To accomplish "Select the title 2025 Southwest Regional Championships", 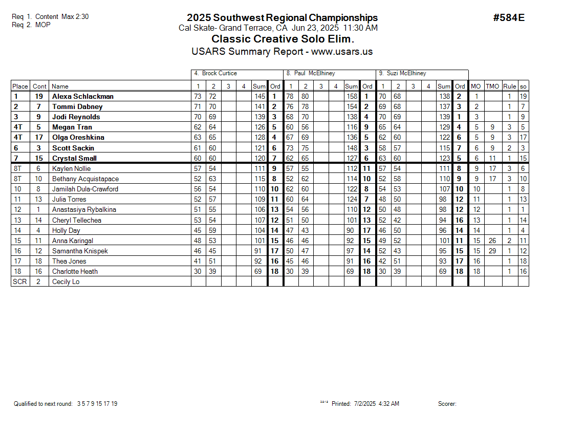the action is click(282, 18).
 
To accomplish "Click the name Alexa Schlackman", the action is click(83, 96).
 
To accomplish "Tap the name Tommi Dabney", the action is click(77, 106).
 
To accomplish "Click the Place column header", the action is click(20, 86).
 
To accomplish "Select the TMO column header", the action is click(492, 86).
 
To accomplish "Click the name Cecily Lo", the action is click(66, 281).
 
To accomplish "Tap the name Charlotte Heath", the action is click(75, 271).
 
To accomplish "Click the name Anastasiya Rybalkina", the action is click(84, 209).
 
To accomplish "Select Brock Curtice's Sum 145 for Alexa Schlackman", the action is click(259, 96).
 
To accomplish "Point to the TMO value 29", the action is click(492, 251).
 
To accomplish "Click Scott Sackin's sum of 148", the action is click(352, 148).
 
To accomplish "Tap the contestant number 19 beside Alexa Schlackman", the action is click(39, 96).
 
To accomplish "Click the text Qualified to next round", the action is click(43, 404).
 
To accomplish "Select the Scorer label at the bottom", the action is click(447, 404).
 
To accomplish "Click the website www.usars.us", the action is click(341, 52).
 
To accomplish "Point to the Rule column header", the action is click(509, 86).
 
